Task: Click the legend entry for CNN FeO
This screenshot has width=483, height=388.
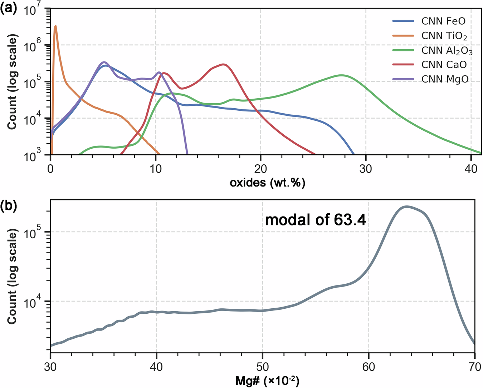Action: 443,21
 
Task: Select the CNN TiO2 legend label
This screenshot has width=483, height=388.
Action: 444,36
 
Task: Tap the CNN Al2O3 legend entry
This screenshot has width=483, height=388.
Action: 447,50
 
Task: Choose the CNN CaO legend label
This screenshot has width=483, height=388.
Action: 444,65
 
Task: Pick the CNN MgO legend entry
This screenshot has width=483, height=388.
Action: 445,79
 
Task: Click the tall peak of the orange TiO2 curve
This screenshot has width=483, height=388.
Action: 55,26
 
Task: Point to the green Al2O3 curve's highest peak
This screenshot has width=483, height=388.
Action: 342,75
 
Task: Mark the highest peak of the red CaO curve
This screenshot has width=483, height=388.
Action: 223,64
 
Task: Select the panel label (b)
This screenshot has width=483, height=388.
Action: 9,207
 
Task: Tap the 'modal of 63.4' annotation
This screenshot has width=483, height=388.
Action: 315,220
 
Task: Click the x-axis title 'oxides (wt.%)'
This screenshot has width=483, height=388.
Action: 267,183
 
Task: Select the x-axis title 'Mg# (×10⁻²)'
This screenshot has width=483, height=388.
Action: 267,381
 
